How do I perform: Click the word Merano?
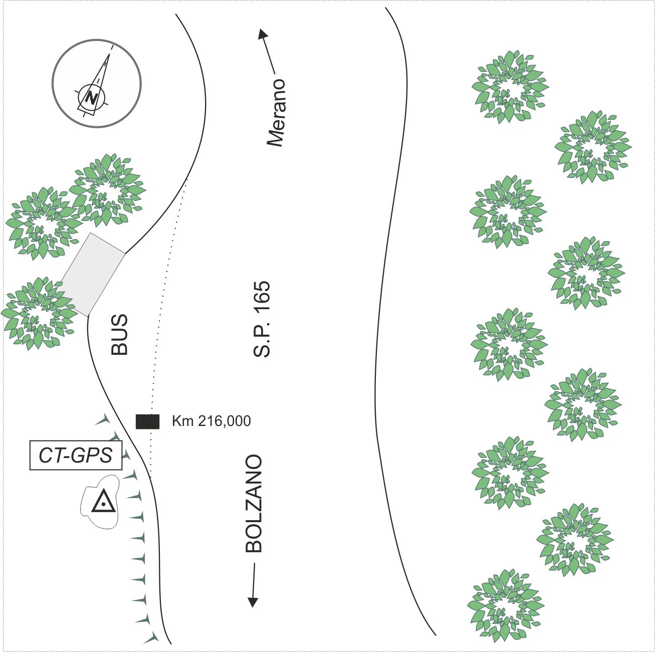tap(276, 113)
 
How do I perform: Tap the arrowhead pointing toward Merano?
tap(263, 35)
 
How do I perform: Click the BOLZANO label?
tap(254, 504)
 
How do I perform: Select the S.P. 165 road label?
tap(262, 319)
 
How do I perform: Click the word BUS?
tap(119, 335)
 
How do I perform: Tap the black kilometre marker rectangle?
tap(147, 421)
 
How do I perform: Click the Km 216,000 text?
tap(211, 421)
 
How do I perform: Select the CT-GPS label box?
tap(76, 456)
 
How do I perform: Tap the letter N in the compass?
tap(91, 98)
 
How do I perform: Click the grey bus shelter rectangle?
tap(93, 275)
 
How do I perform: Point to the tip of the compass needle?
tap(109, 54)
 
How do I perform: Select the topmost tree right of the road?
tap(510, 87)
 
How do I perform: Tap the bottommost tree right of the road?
tap(506, 606)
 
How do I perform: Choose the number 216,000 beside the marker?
tap(225, 421)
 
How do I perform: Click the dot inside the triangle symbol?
tap(103, 505)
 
